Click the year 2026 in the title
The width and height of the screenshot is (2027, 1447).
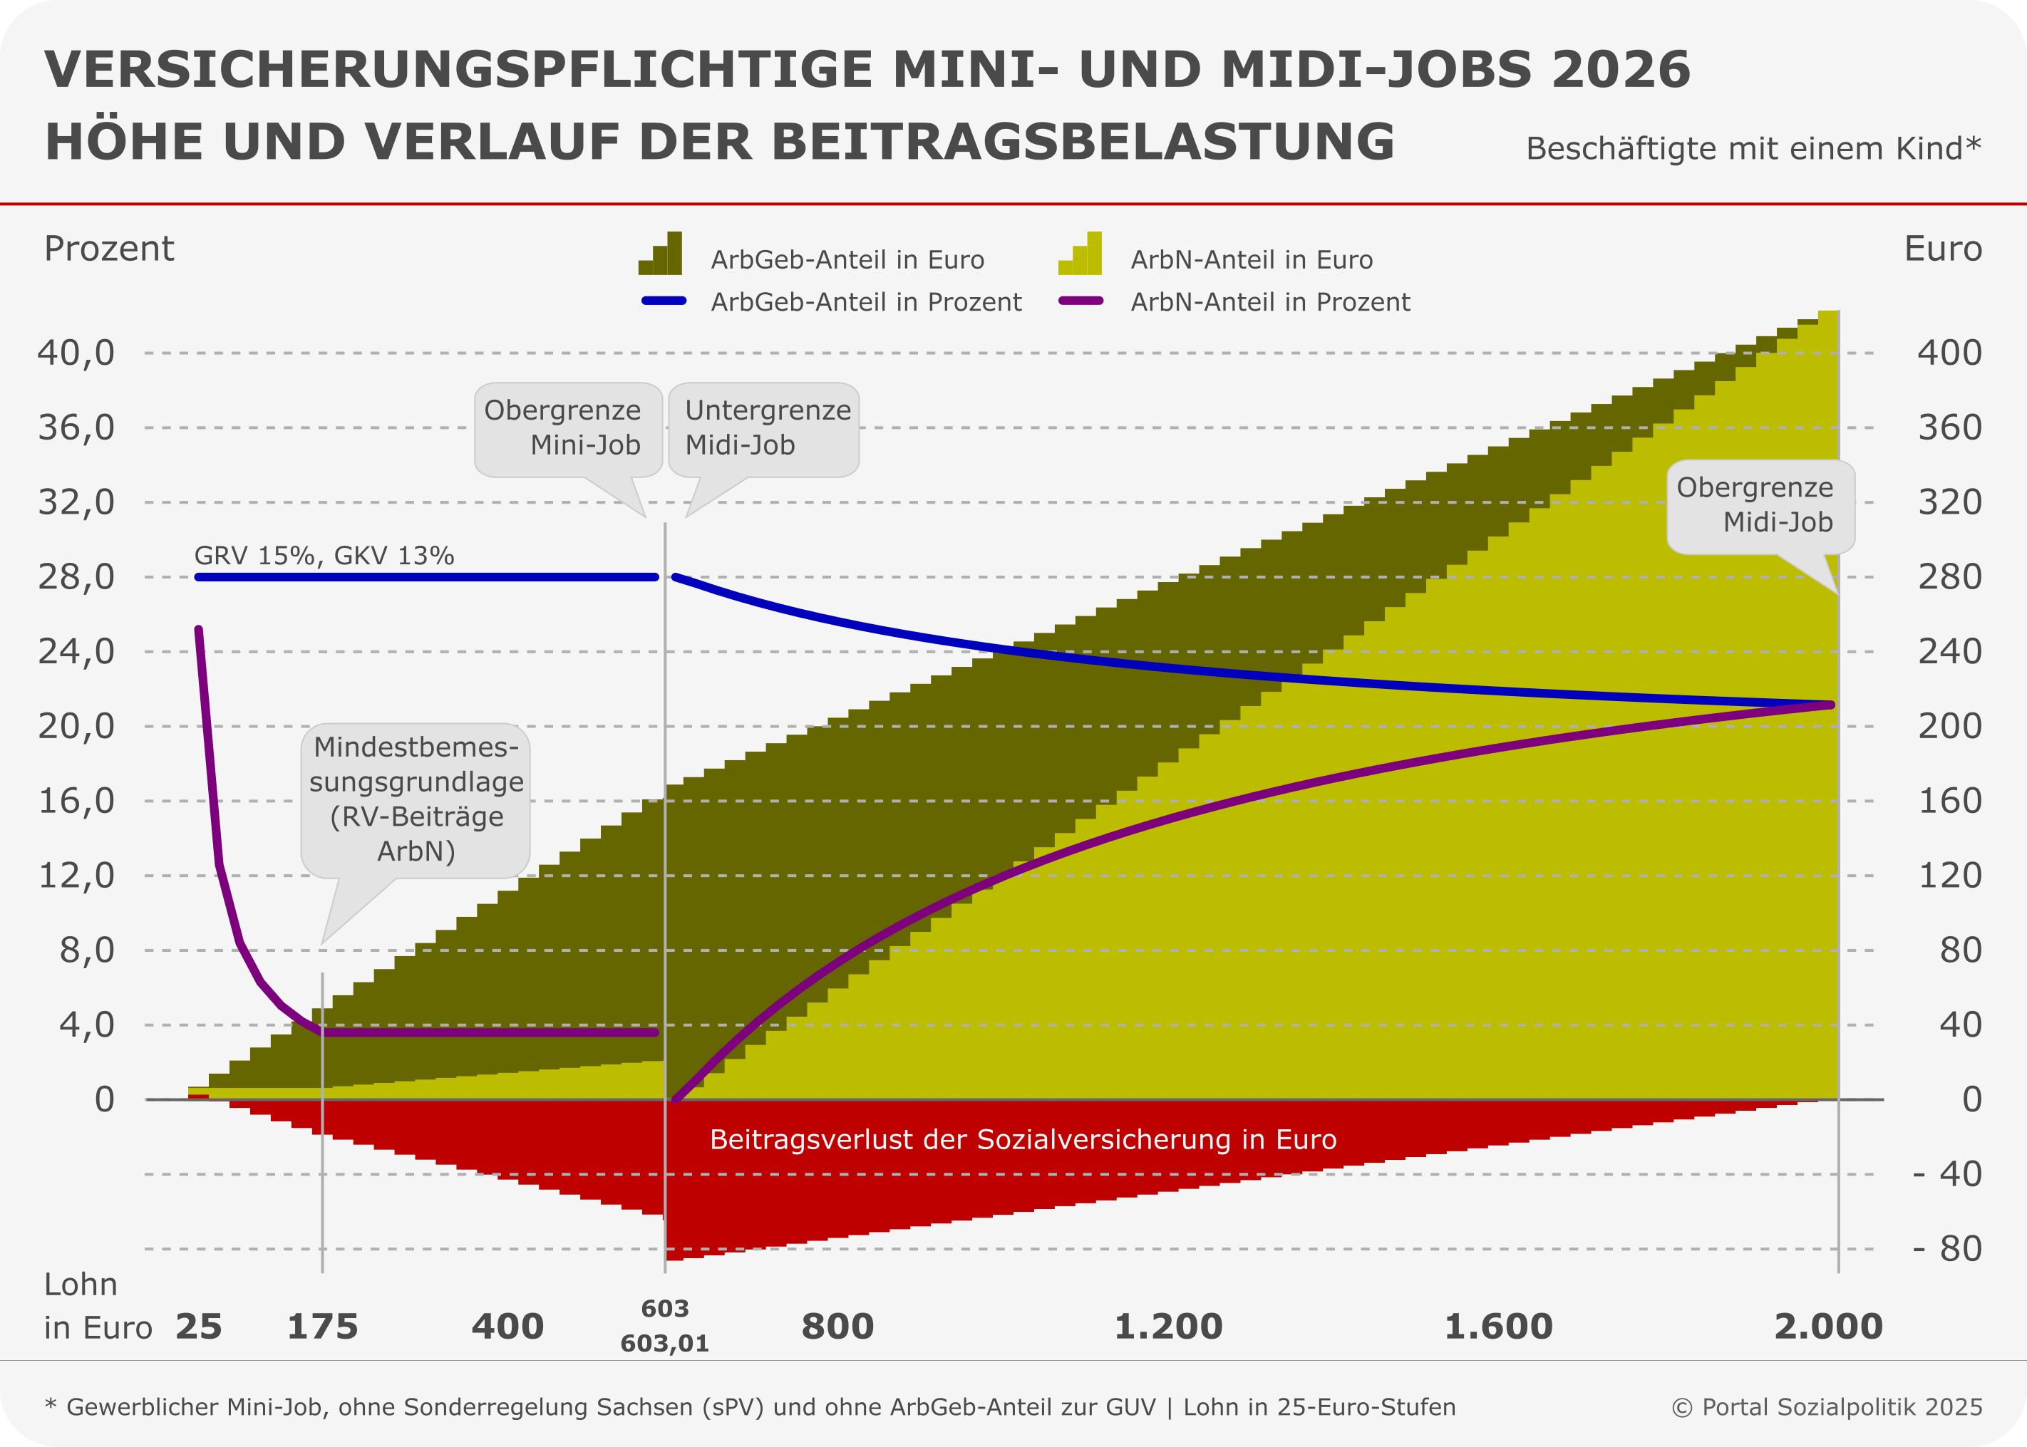pos(1619,70)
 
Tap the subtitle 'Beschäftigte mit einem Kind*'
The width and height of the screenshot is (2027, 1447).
pos(1753,148)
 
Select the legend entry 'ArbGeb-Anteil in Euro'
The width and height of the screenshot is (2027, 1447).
pos(847,259)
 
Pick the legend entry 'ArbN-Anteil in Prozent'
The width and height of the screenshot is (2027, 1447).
pos(1269,302)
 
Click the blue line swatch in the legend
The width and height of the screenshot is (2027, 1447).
pos(664,301)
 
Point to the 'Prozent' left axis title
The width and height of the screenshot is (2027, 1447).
pos(109,249)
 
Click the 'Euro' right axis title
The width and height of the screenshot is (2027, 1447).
pos(1942,249)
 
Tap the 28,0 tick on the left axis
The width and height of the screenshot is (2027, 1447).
pos(77,577)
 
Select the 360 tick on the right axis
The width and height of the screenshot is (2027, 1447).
pos(1949,427)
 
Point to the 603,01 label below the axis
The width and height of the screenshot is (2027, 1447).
pos(665,1343)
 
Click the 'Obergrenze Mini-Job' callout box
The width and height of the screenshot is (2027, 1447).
pos(568,429)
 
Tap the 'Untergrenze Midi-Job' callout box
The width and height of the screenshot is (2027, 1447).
pos(764,429)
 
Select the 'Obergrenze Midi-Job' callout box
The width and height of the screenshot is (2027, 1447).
pos(1760,505)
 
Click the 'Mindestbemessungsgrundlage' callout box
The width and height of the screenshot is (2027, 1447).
pos(416,799)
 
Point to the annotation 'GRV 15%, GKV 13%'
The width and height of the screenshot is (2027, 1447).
pos(324,556)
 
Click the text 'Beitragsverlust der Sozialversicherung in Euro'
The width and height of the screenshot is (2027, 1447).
pos(1023,1140)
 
